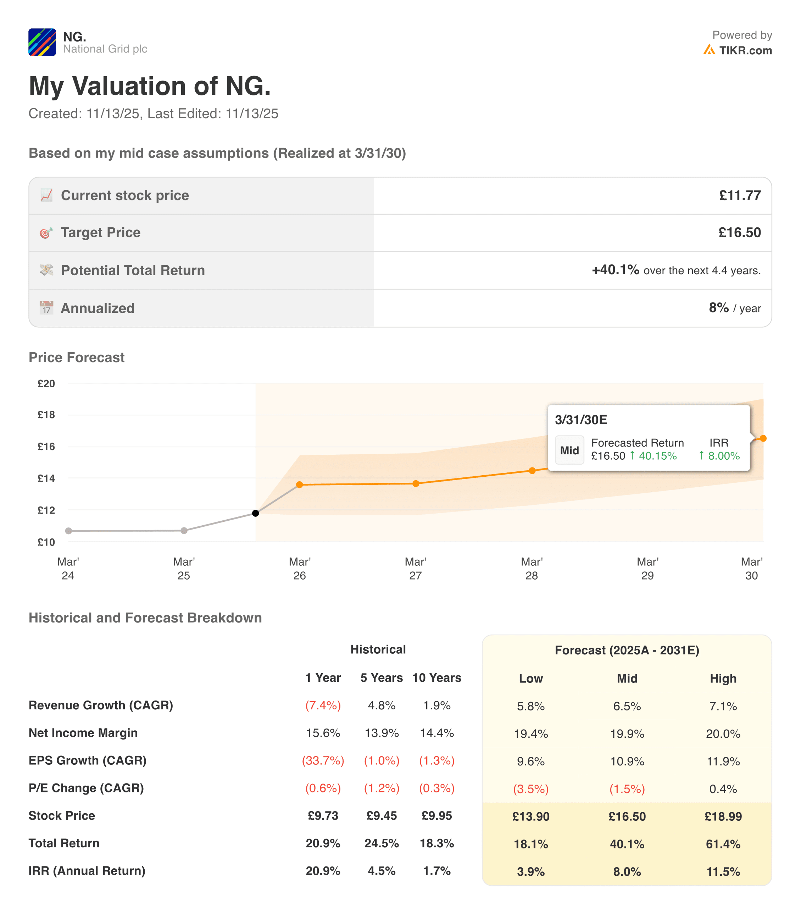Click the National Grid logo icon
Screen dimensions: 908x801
42,42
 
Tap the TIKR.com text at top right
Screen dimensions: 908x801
745,51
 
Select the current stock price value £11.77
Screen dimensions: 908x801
740,195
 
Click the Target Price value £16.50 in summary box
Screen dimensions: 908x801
739,232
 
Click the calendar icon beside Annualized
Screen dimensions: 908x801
46,308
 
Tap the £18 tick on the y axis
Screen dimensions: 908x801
46,415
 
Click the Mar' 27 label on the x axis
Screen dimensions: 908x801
415,568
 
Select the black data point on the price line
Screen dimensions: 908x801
255,513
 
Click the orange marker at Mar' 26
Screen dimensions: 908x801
299,485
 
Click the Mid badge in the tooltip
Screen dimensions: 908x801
569,450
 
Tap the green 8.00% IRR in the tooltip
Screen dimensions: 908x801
723,456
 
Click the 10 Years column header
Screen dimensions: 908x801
436,677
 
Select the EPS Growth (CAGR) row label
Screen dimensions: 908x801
88,760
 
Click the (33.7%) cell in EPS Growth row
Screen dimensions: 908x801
323,760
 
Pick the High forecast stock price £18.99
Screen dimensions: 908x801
723,816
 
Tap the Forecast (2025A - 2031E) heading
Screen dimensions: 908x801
627,650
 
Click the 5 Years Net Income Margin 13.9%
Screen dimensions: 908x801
382,733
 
